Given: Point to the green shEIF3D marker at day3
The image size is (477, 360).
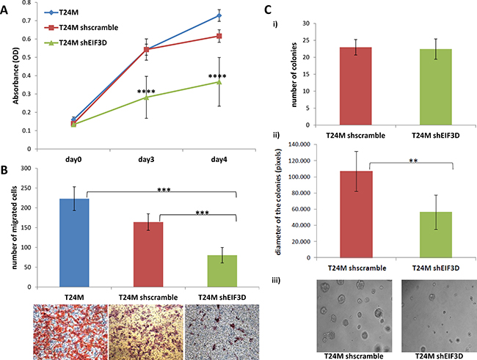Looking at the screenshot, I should pos(147,97).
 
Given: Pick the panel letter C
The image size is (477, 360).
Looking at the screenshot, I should pos(268,10).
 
